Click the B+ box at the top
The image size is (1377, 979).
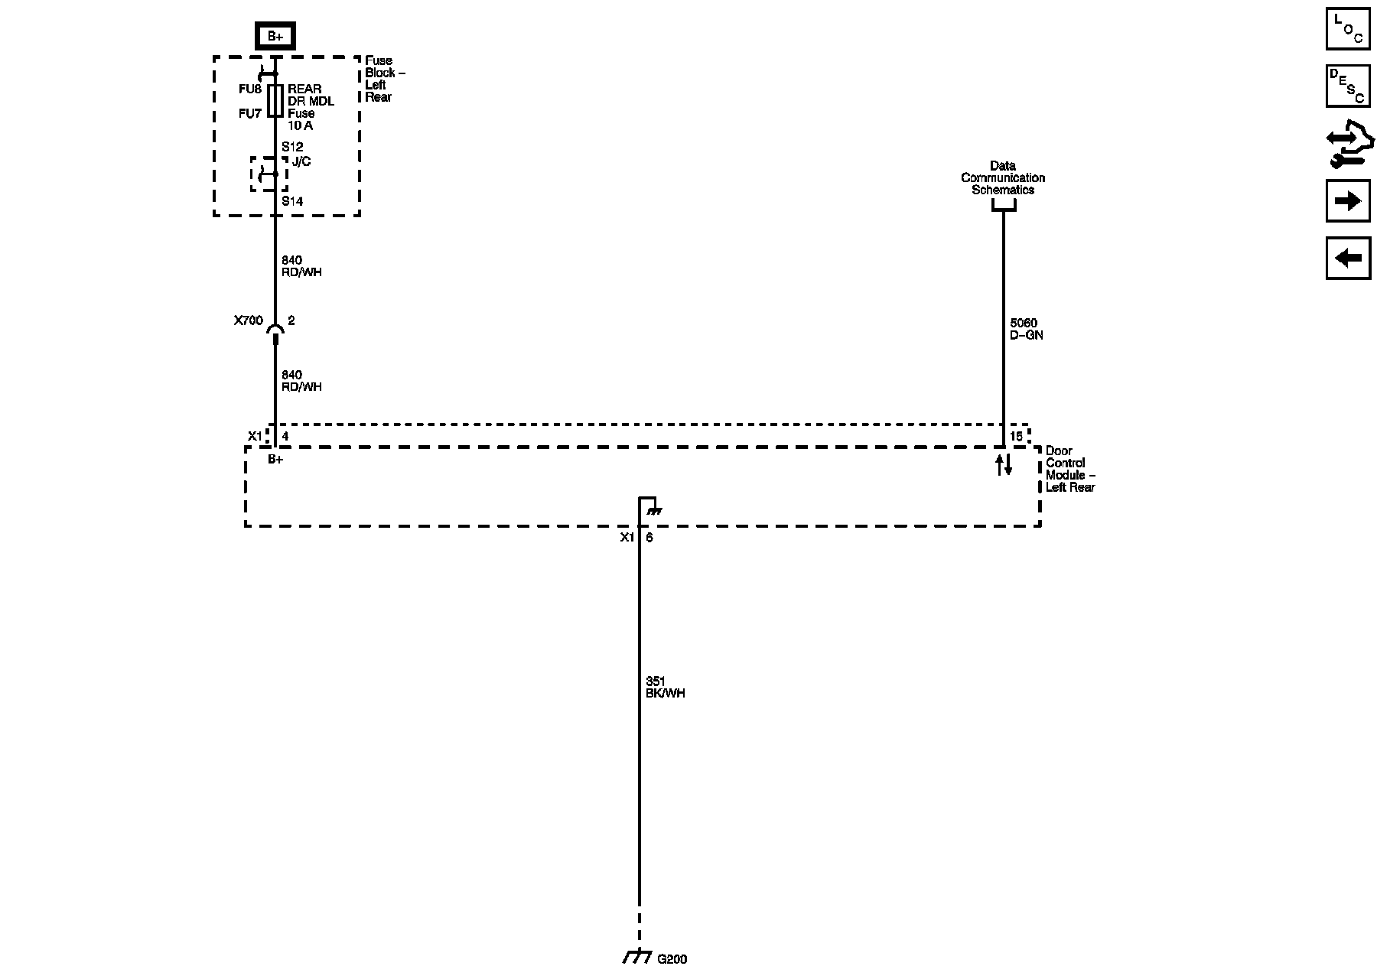tap(275, 36)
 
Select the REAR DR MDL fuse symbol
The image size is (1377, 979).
tap(275, 100)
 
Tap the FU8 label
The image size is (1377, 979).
tap(250, 89)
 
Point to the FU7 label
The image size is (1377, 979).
tap(250, 114)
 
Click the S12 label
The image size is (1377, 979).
tap(292, 147)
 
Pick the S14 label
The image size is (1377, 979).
tap(292, 202)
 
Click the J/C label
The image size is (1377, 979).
tap(301, 162)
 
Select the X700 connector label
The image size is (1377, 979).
tap(249, 321)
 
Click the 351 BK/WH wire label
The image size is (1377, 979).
tap(665, 688)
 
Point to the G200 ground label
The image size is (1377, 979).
tap(672, 959)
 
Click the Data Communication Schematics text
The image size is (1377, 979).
tap(1003, 177)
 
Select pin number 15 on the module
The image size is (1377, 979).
tap(1016, 437)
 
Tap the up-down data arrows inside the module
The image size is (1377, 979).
tap(1004, 464)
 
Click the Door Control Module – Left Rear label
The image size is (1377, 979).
tap(1069, 469)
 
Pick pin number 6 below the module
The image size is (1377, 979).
tap(649, 538)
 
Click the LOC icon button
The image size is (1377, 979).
tap(1348, 29)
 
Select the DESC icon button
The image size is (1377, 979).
tap(1348, 86)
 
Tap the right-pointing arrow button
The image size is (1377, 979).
tap(1348, 201)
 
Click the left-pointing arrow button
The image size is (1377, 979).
tap(1348, 259)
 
